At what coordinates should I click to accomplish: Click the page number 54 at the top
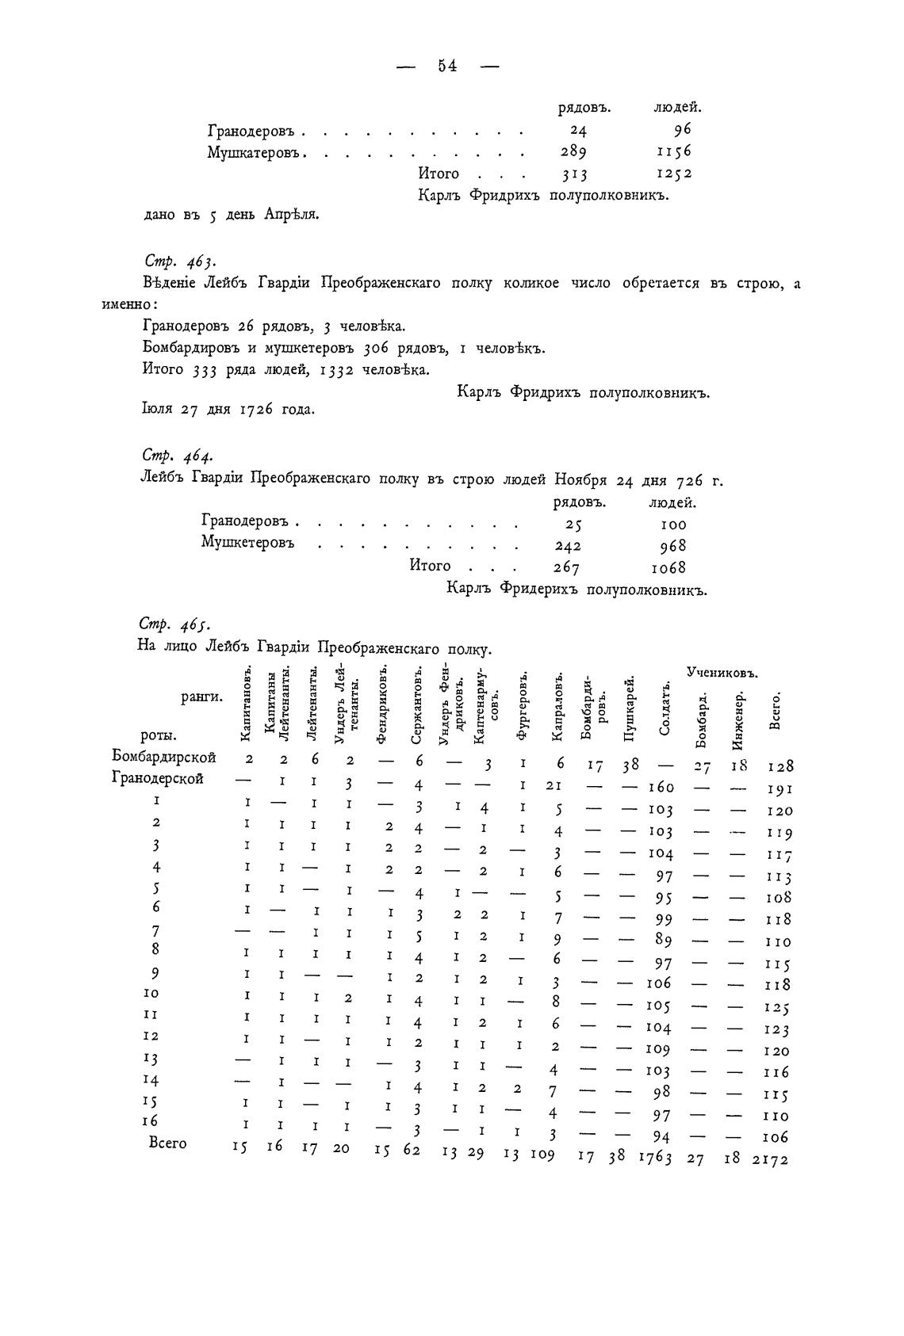coord(447,66)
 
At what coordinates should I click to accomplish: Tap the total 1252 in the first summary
coord(673,174)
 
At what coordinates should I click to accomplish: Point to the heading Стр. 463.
coord(179,261)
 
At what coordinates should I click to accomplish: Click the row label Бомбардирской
coord(164,758)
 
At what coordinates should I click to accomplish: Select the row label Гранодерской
coord(159,779)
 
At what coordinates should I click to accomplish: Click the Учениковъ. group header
coord(722,673)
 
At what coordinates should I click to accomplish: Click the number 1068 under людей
coord(668,568)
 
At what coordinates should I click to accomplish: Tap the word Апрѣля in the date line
coord(291,215)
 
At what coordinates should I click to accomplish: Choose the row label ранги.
coord(201,697)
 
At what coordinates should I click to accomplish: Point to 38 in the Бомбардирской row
coord(632,765)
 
